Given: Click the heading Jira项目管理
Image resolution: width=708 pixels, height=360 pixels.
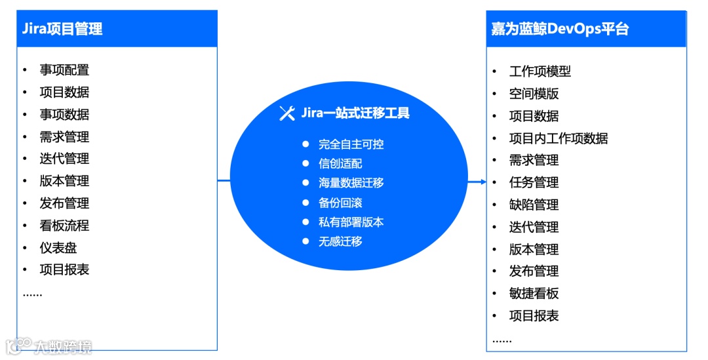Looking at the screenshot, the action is point(62,29).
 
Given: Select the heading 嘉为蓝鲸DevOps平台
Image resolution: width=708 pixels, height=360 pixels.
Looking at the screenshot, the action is point(560,29).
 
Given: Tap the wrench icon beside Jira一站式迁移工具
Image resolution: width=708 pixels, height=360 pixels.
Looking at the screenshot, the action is point(287,113).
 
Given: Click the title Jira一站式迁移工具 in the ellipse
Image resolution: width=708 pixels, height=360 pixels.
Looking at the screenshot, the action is point(355,113).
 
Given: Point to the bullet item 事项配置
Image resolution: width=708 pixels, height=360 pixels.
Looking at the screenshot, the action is point(64,70).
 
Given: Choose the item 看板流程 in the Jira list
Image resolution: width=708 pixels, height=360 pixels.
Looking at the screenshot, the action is point(64,226).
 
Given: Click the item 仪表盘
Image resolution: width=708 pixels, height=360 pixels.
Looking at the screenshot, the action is point(58,248).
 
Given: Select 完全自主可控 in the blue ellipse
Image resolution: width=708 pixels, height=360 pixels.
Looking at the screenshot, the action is point(351,144).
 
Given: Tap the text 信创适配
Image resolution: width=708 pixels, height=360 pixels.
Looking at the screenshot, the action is point(340,164).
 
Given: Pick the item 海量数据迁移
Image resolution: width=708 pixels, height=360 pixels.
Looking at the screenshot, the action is point(351,183).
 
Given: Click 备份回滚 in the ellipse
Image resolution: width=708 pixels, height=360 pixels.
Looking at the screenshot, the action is point(340,203).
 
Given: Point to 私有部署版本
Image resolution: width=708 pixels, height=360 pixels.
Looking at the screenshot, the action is point(351,222).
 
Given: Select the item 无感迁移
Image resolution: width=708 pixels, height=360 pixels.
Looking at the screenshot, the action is point(340,241).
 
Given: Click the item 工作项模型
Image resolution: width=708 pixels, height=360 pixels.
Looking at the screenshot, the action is point(540,71).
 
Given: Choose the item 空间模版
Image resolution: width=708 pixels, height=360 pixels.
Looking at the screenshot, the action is point(534,94).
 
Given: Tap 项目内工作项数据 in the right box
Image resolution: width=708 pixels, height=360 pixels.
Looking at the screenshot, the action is point(559,138).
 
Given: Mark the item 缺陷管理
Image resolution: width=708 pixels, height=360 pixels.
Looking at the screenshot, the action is point(534,205).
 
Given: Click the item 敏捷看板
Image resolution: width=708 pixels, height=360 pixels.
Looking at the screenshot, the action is point(534,293).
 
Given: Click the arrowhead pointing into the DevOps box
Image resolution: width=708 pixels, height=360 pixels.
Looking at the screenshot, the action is point(482,182).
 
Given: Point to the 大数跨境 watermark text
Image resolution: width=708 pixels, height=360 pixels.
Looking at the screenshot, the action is point(63,346).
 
